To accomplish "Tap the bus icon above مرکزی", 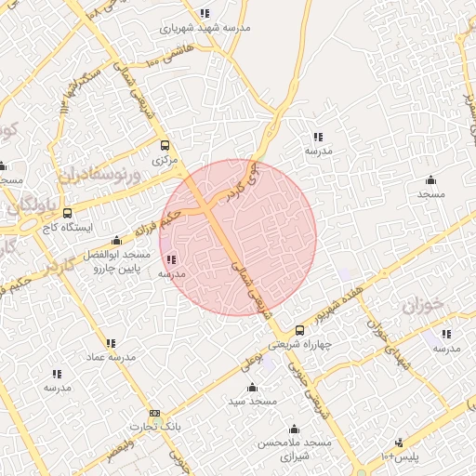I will pyautogui.click(x=165, y=145).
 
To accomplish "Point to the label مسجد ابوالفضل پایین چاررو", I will pyautogui.click(x=115, y=261).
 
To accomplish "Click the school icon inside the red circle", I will pyautogui.click(x=171, y=259).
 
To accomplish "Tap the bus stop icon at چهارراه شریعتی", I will pyautogui.click(x=299, y=330).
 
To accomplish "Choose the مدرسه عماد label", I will pyautogui.click(x=111, y=357).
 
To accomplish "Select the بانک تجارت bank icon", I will pyautogui.click(x=154, y=413).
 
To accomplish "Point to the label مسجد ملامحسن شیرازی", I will pyautogui.click(x=296, y=451).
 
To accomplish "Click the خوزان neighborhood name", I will pyautogui.click(x=420, y=306).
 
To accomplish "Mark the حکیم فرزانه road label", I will pyautogui.click(x=153, y=224).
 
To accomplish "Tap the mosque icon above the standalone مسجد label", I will pyautogui.click(x=430, y=180).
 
